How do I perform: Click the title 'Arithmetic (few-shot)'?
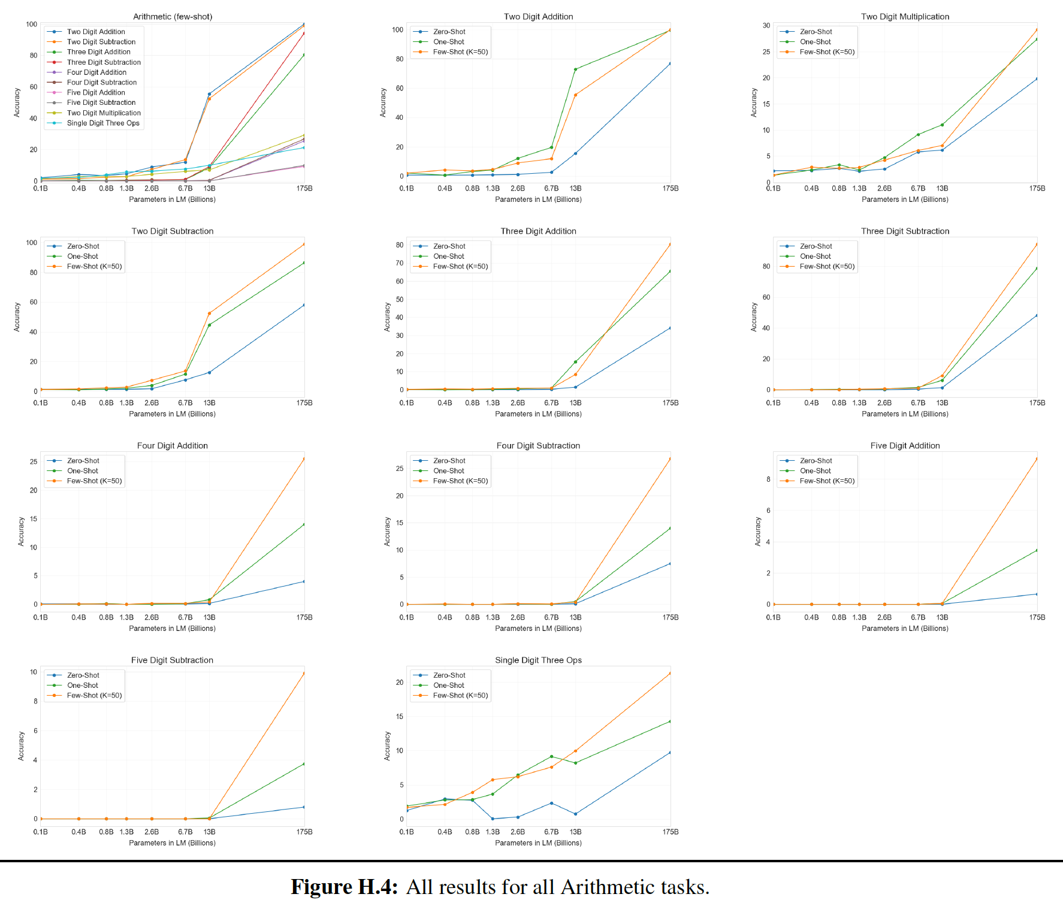click(x=173, y=17)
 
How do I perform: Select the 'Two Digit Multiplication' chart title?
click(x=905, y=17)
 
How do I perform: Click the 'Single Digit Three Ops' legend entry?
click(x=103, y=123)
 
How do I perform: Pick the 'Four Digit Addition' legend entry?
click(x=96, y=73)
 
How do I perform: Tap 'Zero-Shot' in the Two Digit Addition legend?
click(x=449, y=32)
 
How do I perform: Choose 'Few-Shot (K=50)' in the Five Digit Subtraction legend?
click(x=94, y=696)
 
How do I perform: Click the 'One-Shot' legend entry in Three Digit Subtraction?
click(x=815, y=256)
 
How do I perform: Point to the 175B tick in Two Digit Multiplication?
click(x=1037, y=188)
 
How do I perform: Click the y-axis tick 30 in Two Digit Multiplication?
click(x=766, y=26)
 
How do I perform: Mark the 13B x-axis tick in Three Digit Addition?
click(x=575, y=403)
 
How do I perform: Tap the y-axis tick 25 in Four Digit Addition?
click(x=34, y=462)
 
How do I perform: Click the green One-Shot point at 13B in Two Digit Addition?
click(x=575, y=70)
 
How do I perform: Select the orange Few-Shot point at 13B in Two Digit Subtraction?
click(x=209, y=313)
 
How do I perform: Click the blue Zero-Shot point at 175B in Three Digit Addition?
click(x=670, y=328)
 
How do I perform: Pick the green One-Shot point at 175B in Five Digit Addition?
click(x=1037, y=550)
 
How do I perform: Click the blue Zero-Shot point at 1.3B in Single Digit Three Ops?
click(x=493, y=819)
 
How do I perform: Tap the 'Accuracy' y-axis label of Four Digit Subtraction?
click(x=387, y=531)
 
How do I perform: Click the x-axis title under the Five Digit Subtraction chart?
click(x=172, y=843)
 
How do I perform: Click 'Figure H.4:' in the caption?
click(x=344, y=887)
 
